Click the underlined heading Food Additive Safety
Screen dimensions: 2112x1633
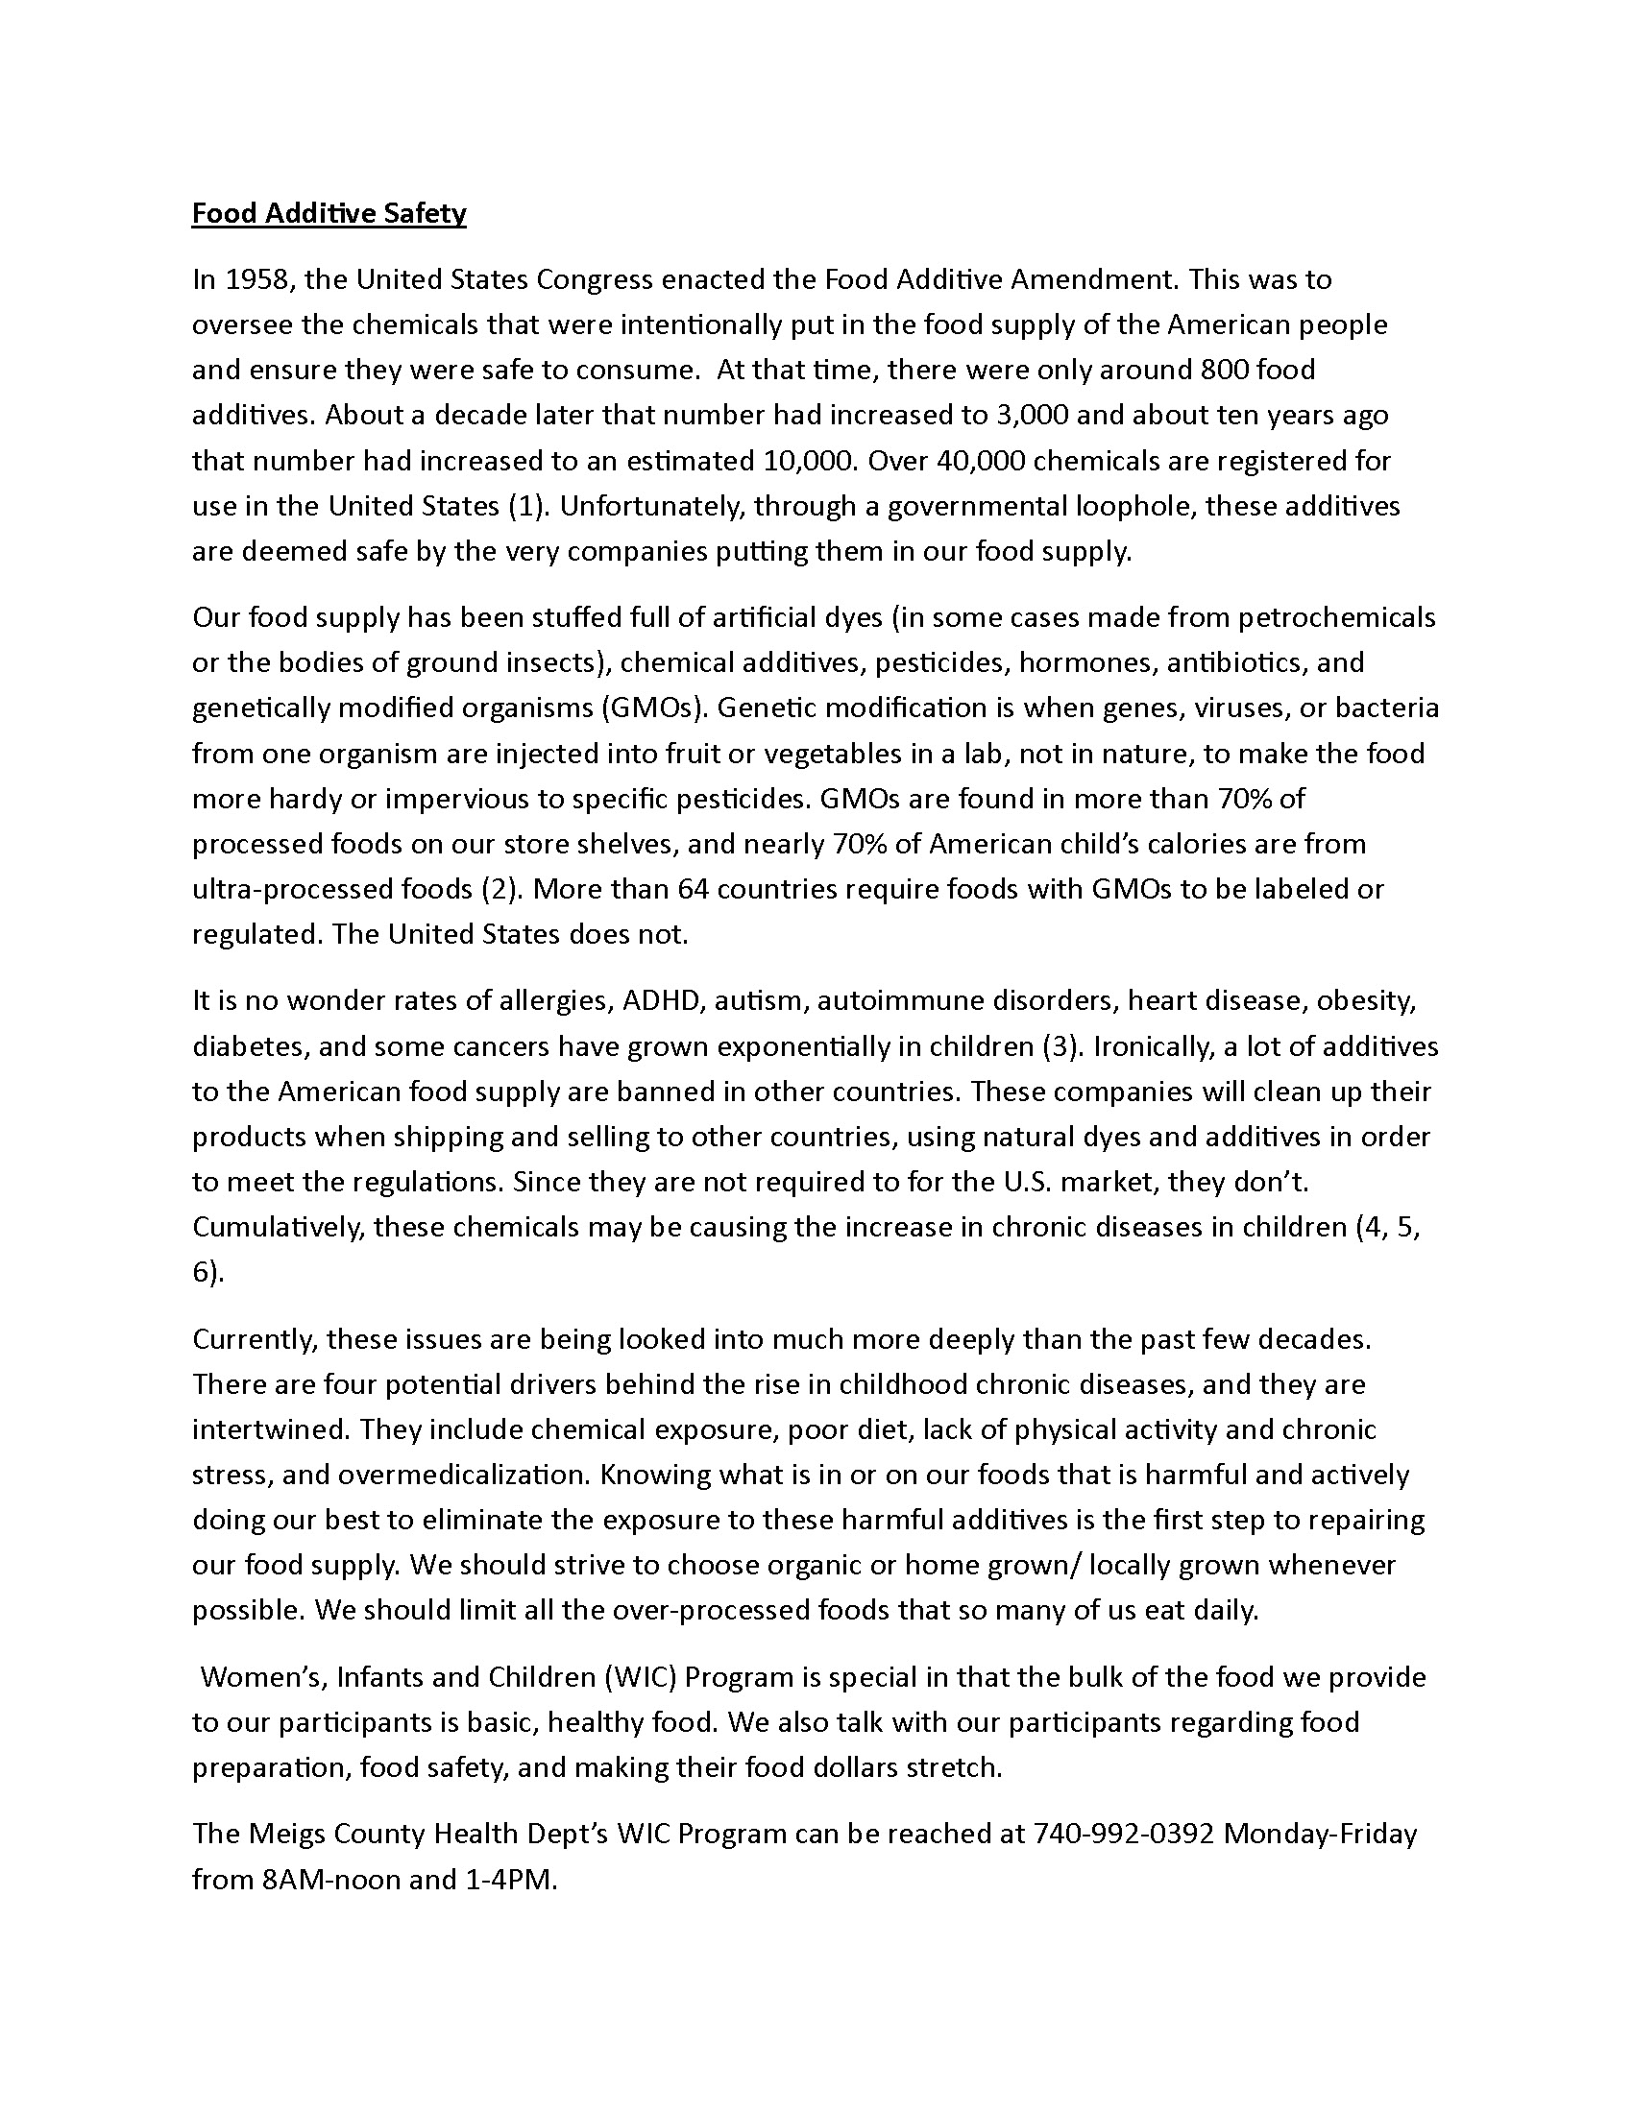[329, 213]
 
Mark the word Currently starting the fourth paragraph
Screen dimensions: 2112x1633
[255, 1339]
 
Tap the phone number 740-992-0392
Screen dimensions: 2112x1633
[1123, 1834]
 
